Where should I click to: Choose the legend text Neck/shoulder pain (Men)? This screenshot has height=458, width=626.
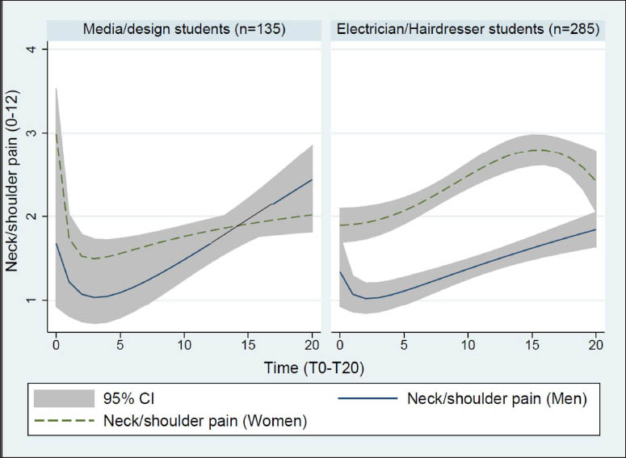496,398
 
